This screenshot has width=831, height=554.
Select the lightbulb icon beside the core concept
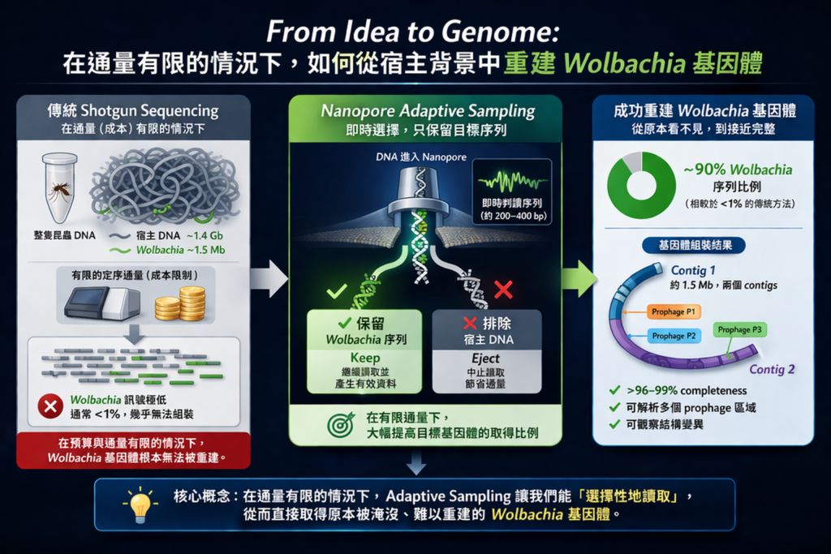tap(138, 503)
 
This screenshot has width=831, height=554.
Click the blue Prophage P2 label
tap(674, 336)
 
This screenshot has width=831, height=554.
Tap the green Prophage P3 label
tap(739, 329)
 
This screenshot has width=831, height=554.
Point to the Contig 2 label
tap(772, 370)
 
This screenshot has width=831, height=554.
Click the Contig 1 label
tap(694, 270)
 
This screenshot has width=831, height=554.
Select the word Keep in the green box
tap(364, 358)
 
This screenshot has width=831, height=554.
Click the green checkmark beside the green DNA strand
tap(334, 290)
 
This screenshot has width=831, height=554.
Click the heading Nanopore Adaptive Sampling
tap(428, 111)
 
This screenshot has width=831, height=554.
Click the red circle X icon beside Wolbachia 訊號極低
tap(50, 406)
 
